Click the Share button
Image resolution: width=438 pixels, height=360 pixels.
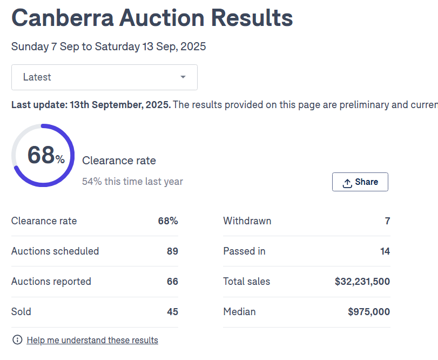point(360,182)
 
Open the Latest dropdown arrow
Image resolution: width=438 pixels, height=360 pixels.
point(183,77)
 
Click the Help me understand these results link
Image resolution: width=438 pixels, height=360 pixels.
point(92,340)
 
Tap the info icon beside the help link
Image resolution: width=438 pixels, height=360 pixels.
point(17,340)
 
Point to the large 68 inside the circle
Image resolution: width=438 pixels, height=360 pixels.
point(41,155)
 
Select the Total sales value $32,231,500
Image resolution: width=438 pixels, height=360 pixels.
point(362,282)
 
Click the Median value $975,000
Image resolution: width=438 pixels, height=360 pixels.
point(369,312)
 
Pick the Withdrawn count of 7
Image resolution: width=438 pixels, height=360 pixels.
point(387,221)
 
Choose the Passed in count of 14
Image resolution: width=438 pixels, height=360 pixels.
point(385,251)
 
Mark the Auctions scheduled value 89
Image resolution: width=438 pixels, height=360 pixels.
point(172,251)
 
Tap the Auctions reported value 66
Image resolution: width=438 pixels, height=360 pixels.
point(172,282)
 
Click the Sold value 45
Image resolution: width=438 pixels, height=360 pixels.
point(172,312)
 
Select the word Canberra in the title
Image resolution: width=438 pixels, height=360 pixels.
point(63,18)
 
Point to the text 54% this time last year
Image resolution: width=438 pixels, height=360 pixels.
point(132,182)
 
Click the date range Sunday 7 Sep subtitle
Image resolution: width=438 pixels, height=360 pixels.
point(109,46)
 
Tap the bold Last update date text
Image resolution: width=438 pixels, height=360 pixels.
point(91,104)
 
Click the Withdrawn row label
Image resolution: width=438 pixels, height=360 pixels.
point(247,221)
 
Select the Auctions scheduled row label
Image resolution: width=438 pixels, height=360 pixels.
point(55,251)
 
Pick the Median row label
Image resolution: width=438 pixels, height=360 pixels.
point(239,312)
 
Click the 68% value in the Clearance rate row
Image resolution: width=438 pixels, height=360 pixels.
point(168,221)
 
